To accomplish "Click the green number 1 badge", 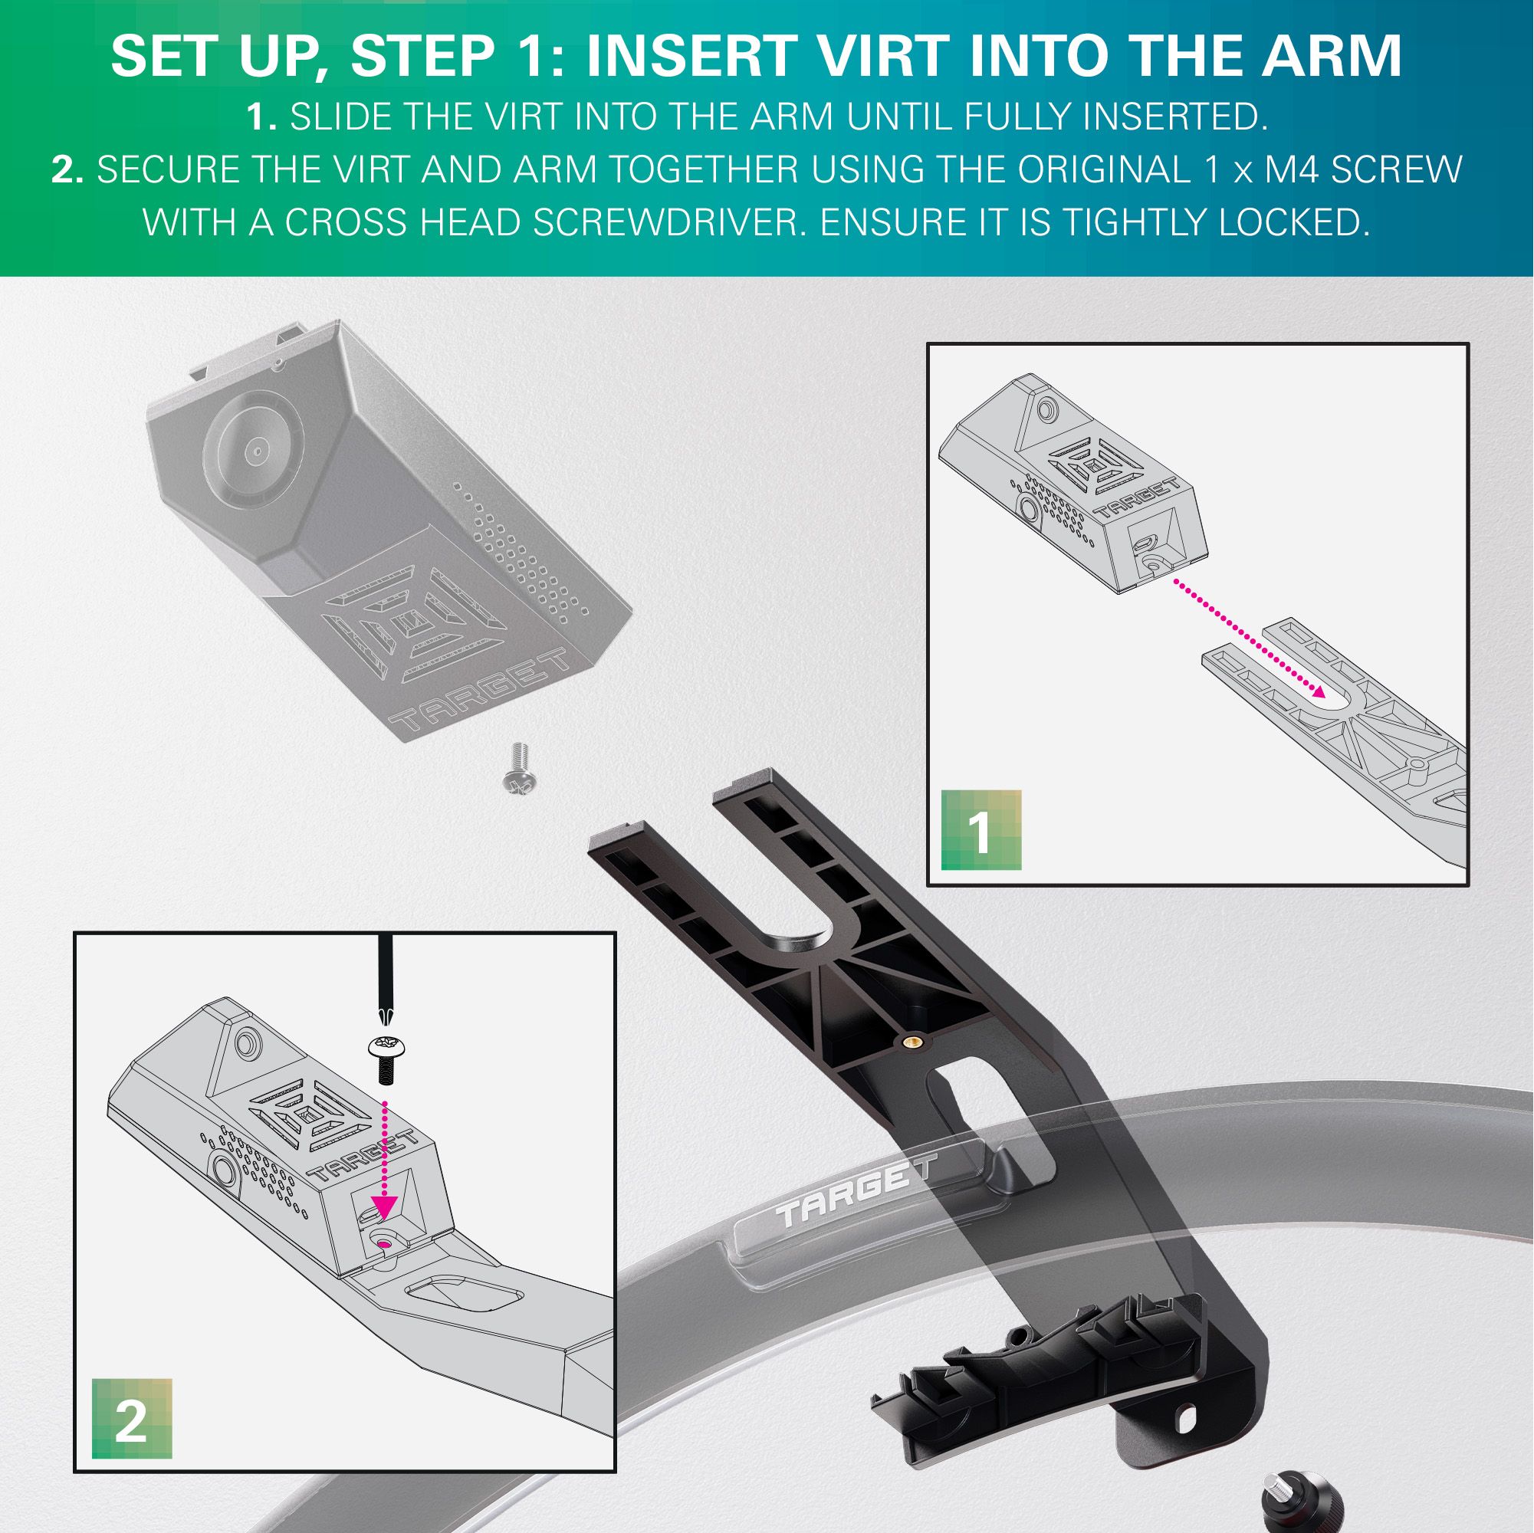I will tap(981, 830).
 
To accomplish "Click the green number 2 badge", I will tap(132, 1420).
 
